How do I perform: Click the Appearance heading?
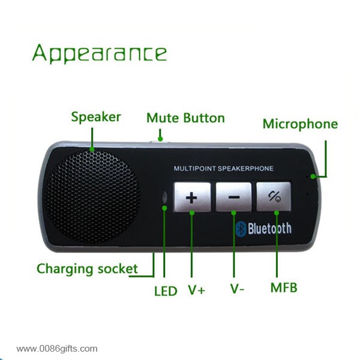coord(100,54)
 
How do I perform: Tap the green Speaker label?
coord(96,117)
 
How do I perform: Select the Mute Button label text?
coord(185,118)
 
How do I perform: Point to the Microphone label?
coord(301,124)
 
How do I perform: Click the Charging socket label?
coord(87,269)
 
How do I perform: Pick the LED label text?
coord(166,291)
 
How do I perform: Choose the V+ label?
coord(197,290)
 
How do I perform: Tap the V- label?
coord(237,289)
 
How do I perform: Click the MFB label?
coord(284,287)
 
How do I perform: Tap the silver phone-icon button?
coord(274,196)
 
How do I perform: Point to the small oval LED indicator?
coord(164,197)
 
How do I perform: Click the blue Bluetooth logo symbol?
coord(241,229)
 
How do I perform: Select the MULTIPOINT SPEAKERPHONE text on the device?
coord(223,169)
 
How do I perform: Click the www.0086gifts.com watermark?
coord(57,349)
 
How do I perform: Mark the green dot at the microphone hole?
coord(313,176)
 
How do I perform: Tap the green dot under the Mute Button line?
coord(160,139)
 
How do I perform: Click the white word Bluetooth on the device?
coord(269,229)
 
